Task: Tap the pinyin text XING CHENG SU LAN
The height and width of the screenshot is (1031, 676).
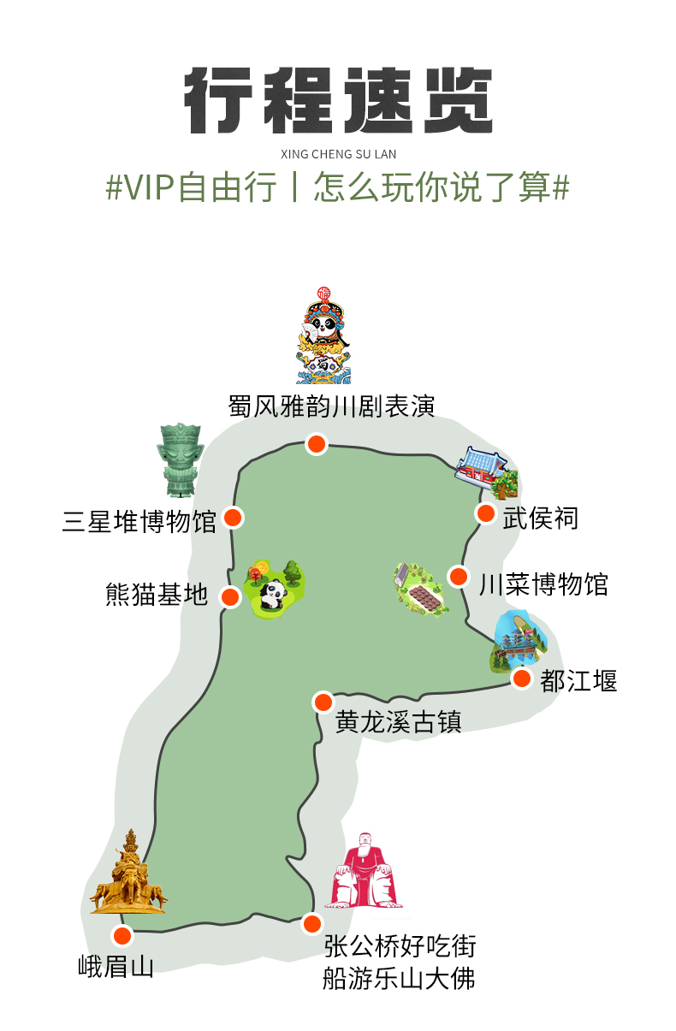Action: coord(339,154)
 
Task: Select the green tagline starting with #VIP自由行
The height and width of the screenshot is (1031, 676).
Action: coord(337,187)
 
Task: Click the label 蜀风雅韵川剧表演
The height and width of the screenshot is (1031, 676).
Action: coord(332,406)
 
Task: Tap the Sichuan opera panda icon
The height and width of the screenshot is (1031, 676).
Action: coord(323,335)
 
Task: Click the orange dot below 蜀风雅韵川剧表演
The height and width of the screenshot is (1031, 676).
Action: coord(317,443)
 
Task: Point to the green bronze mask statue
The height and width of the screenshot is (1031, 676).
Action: coord(180,459)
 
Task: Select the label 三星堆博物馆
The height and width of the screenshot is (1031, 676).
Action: coord(139,521)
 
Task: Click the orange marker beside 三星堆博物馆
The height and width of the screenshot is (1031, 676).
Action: coord(232,518)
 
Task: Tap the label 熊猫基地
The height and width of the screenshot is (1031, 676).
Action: coord(157,594)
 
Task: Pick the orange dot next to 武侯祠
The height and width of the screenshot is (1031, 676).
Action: coord(485,513)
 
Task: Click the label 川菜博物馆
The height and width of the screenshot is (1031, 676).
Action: coord(543,584)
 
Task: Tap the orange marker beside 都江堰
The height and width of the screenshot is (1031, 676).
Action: coord(522,678)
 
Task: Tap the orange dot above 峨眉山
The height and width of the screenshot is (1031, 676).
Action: coord(122,936)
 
